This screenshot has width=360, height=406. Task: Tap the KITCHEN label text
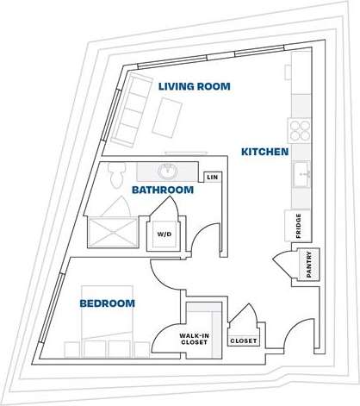coord(264,152)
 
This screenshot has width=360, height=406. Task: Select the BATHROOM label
coord(162,190)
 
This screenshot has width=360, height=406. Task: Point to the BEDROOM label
coord(108,303)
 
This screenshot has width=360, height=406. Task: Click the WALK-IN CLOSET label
coord(196,339)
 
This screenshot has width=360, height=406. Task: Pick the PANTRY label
coord(308,265)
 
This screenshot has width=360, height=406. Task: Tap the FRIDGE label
coord(297,225)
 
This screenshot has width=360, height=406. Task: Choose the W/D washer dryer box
coord(162,234)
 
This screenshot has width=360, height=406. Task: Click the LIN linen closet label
coord(211,177)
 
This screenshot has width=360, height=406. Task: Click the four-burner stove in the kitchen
coord(300,129)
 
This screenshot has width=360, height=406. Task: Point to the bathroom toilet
coord(118,175)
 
